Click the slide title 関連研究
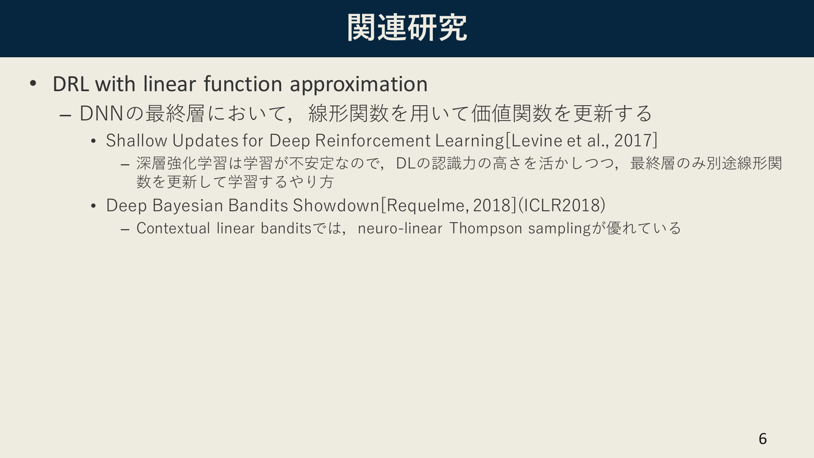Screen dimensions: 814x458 click(407, 28)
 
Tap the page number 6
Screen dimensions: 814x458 click(763, 438)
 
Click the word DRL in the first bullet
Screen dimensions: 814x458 click(70, 84)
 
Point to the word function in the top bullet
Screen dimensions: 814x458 click(243, 84)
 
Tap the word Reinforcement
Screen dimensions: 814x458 click(373, 140)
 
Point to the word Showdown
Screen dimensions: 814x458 click(336, 205)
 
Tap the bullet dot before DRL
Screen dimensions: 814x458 click(33, 83)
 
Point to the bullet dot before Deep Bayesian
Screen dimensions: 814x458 click(94, 206)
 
